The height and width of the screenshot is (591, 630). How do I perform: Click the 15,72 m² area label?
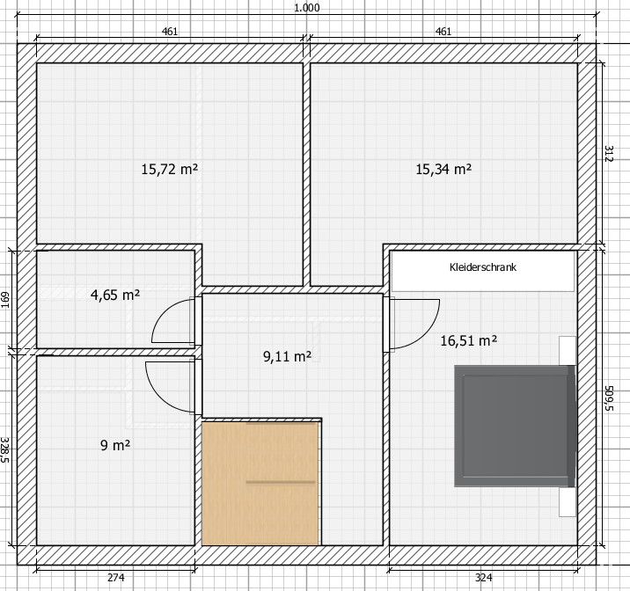pos(169,169)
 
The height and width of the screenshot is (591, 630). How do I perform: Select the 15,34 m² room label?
pos(443,169)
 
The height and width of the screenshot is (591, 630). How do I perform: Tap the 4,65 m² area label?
pos(115,295)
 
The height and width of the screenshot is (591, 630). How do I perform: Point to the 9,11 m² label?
pos(287,356)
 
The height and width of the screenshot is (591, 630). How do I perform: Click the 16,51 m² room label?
pos(468,341)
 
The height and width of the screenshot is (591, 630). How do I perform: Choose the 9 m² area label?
pos(115,445)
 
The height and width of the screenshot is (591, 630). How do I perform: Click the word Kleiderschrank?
pos(483,267)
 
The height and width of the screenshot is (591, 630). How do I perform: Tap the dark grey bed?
pos(515,426)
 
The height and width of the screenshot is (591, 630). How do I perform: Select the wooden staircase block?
pos(260,484)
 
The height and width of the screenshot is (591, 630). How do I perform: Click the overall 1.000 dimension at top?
pos(307,8)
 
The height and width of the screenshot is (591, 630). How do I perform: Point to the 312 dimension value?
pos(609,153)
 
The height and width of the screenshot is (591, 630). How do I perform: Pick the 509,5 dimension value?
pos(609,398)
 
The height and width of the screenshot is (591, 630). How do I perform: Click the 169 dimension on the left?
pos(4,300)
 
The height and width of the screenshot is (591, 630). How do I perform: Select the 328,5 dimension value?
pos(4,449)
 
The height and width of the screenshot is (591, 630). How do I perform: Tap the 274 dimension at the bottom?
pos(116,578)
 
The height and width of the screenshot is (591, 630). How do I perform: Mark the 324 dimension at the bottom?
pos(483,578)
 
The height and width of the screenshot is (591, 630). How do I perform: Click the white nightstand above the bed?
pos(568,351)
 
